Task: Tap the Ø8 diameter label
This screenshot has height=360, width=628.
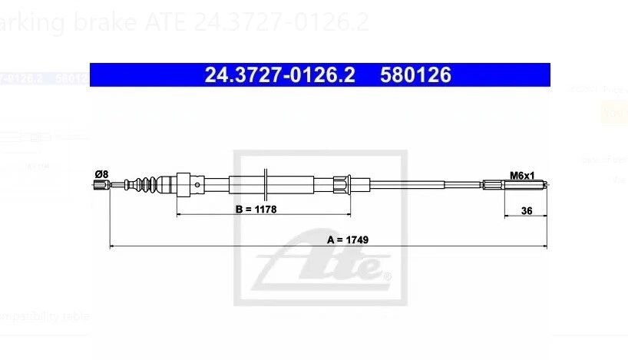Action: [101, 174]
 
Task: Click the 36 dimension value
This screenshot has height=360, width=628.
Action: [526, 209]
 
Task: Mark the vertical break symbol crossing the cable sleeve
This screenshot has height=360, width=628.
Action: [264, 183]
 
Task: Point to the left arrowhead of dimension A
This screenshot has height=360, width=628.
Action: [114, 246]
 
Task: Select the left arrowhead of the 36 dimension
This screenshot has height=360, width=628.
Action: [507, 216]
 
